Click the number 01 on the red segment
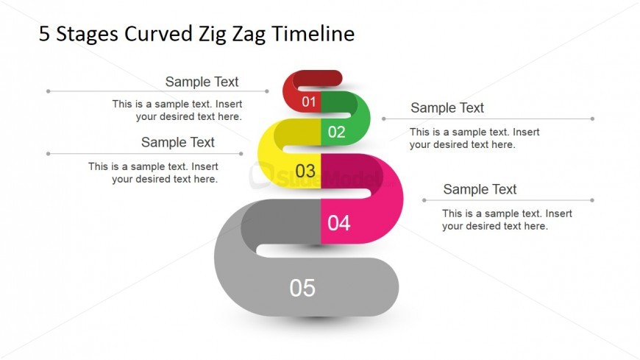309,102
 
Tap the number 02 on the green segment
337,132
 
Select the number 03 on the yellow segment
305,172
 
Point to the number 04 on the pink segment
339,223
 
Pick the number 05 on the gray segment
302,288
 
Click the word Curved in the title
158,34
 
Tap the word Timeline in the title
313,34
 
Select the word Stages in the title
88,35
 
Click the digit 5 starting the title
44,34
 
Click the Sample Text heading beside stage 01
202,82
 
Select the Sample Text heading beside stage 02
447,108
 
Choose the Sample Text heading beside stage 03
177,142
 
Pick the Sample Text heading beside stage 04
480,189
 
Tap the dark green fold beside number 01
339,102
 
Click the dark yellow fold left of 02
297,132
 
